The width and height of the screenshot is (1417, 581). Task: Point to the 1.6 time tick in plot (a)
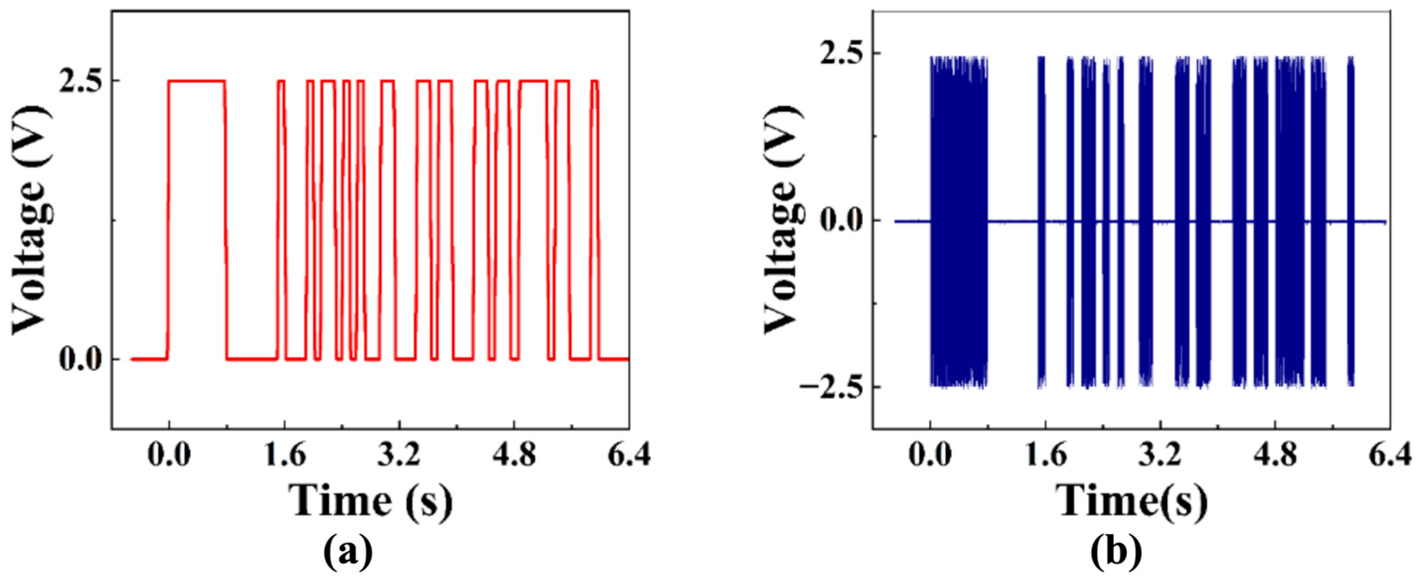click(284, 456)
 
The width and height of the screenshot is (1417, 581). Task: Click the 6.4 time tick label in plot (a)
click(629, 456)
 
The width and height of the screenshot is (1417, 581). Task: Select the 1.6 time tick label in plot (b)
click(1045, 456)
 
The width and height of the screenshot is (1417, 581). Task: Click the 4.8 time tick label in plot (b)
click(1275, 456)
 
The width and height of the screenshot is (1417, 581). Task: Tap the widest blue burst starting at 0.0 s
click(959, 220)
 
